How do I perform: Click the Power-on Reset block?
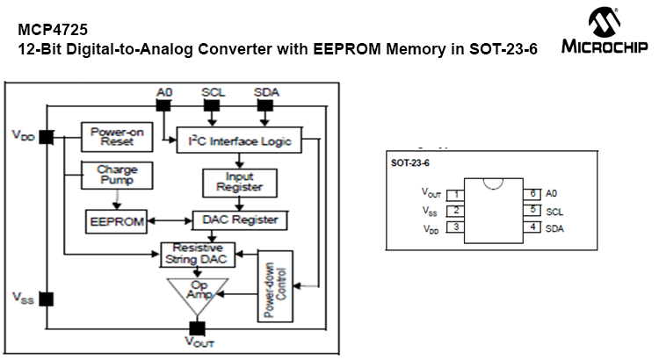point(116,137)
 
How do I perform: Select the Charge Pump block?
point(116,176)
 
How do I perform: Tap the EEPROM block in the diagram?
point(117,221)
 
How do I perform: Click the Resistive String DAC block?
point(199,254)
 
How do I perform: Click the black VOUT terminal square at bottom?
point(198,328)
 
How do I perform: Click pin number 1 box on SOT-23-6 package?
point(456,194)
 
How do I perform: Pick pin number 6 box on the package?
point(532,193)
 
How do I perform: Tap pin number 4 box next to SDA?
point(532,227)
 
